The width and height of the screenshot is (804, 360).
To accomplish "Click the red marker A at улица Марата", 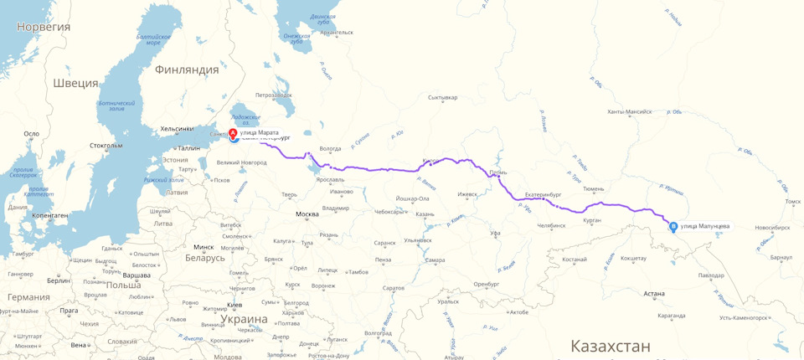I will (x=233, y=133).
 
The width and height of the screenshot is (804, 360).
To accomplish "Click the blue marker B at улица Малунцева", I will (x=673, y=226).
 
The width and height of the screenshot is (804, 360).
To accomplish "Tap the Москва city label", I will (x=307, y=214).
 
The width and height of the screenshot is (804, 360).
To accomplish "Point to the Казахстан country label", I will (x=610, y=346).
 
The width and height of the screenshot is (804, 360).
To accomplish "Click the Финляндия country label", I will (x=187, y=70).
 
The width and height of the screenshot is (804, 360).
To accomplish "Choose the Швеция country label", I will (x=75, y=84).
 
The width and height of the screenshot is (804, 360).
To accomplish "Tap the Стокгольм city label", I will (x=106, y=145).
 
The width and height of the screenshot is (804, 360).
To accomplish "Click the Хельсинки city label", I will (x=177, y=129).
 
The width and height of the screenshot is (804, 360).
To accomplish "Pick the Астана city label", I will (x=654, y=294).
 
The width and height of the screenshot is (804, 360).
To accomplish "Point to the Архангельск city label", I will (x=336, y=33).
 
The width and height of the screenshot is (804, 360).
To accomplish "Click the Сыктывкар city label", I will (x=442, y=98).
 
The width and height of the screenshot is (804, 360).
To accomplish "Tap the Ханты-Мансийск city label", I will (x=629, y=111).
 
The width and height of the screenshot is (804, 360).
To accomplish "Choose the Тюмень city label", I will (x=593, y=189).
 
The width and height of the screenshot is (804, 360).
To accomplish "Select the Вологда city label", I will (x=331, y=149).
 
